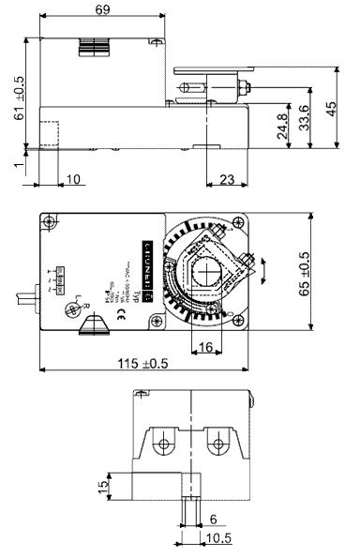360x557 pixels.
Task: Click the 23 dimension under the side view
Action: [224, 179]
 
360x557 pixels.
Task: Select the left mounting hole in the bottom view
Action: [165, 443]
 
